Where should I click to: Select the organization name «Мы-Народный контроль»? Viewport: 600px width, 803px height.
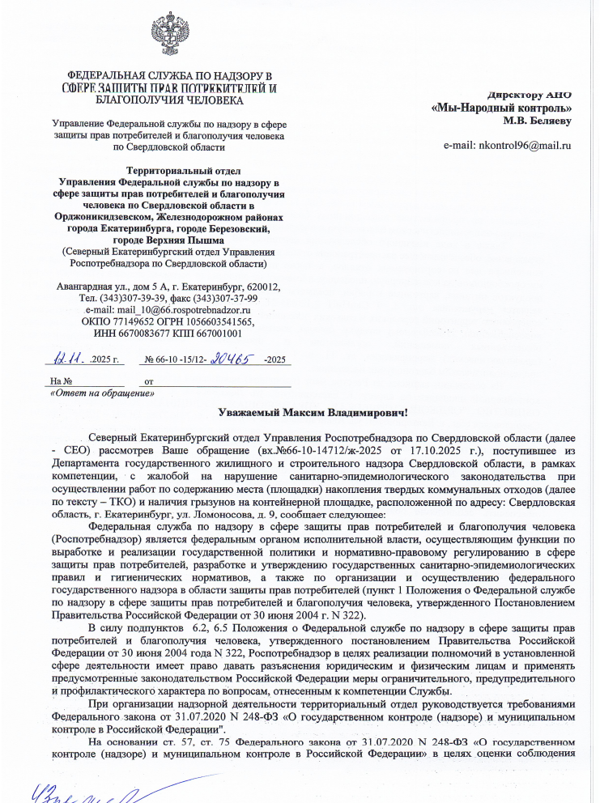coord(501,108)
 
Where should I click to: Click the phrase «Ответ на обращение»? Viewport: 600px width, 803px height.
coord(102,393)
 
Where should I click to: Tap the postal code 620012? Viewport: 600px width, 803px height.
coord(263,287)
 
